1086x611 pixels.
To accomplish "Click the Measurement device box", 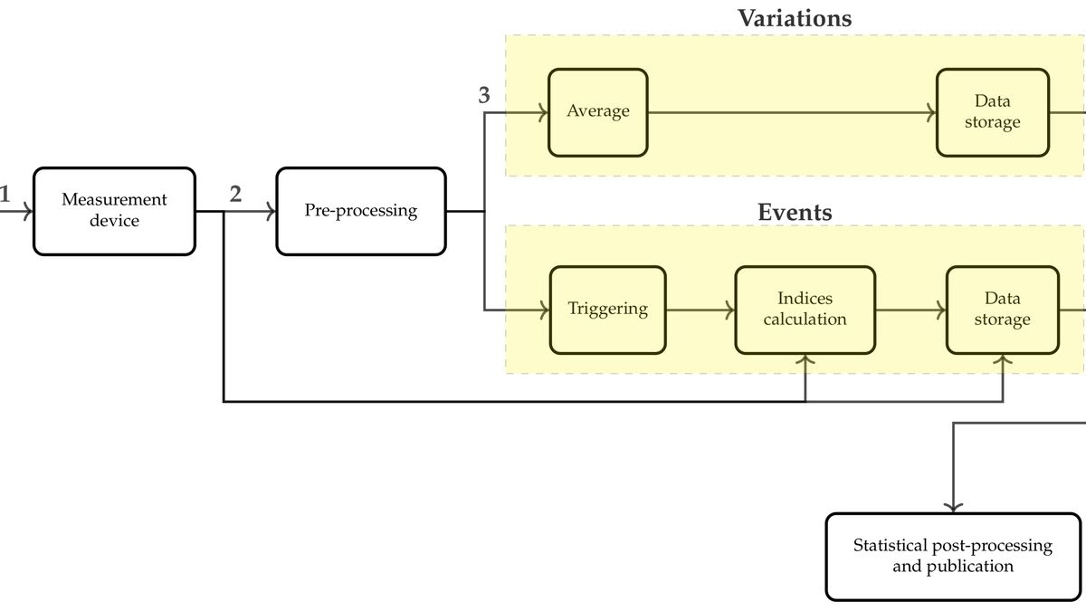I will [x=114, y=211].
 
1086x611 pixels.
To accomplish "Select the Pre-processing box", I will [x=360, y=211].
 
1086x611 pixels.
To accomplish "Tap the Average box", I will [x=597, y=112].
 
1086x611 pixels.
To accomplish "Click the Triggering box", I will [x=607, y=310].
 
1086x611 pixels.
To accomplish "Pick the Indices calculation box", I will [x=805, y=310].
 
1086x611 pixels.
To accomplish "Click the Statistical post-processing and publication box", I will [x=953, y=556].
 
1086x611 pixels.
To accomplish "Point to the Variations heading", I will [x=794, y=18].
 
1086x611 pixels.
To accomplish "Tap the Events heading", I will [x=794, y=213].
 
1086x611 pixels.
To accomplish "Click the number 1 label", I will [x=5, y=194].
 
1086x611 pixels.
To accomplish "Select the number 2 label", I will [x=235, y=194].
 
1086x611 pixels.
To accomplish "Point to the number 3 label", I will [x=484, y=96].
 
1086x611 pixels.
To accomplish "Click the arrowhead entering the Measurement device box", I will [x=29, y=212].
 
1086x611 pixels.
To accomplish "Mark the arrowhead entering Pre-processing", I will [x=271, y=212].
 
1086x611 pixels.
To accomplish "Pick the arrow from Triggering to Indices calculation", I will [x=700, y=310].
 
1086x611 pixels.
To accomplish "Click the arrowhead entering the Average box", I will [x=544, y=113].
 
